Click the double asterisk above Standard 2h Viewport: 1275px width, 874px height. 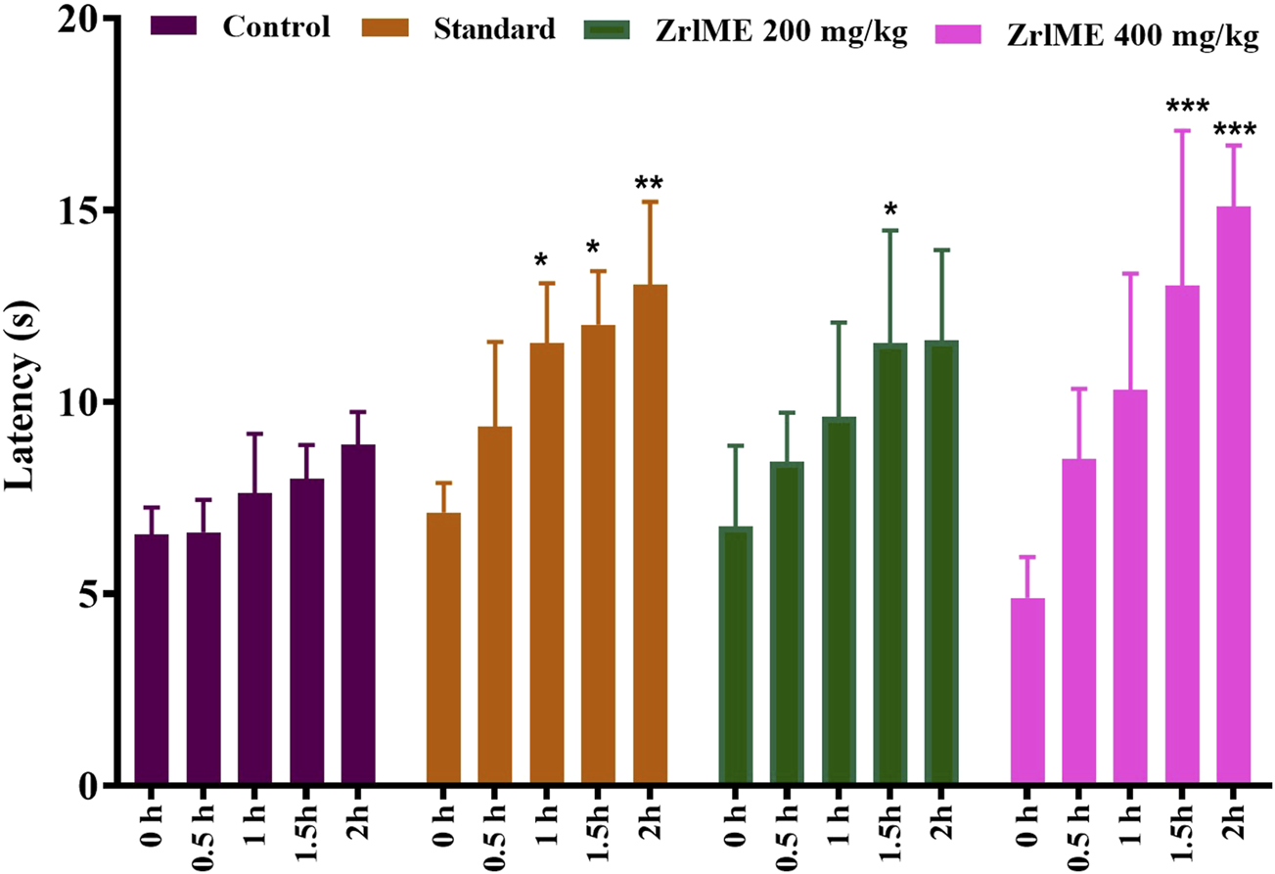pyautogui.click(x=649, y=183)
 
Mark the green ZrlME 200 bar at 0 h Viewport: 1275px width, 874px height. pyautogui.click(x=736, y=656)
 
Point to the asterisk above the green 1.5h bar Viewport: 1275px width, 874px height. pyautogui.click(x=889, y=209)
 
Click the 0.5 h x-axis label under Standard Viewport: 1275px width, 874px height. pyautogui.click(x=495, y=831)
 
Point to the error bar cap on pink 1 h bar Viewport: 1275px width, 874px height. pyautogui.click(x=1130, y=274)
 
